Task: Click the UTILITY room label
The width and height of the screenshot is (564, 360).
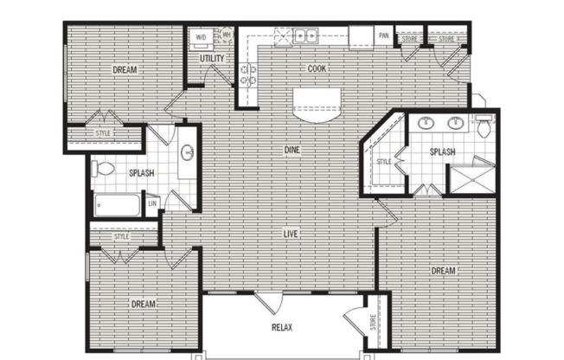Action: pos(212,58)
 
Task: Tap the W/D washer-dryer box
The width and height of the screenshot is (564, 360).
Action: pos(202,37)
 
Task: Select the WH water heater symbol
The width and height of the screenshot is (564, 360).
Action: pos(227,35)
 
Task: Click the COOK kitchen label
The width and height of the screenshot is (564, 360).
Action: pos(317,68)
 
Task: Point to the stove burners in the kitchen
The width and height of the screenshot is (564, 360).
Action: pos(247,75)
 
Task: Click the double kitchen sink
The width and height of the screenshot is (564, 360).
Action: pos(305,35)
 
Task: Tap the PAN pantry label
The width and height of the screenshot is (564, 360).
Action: pos(384,35)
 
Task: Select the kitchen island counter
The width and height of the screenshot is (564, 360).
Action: pos(317,105)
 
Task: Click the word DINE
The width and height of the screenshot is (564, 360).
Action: pos(292,150)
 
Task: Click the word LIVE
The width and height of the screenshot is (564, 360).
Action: pos(291,234)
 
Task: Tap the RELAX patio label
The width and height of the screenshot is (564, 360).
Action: pos(282,328)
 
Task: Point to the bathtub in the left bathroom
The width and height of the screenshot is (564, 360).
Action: pos(118,205)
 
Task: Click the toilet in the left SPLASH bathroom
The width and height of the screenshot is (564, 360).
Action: pos(103,169)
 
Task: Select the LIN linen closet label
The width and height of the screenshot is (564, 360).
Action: pos(152,203)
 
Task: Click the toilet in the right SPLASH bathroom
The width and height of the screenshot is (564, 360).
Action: pos(484,126)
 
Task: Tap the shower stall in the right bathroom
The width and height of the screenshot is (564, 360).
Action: pos(472,179)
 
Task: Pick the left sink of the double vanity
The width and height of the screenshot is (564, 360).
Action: pos(426,123)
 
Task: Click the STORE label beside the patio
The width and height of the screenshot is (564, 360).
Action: pos(373,323)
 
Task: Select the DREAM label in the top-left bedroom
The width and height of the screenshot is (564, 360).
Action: pos(125,69)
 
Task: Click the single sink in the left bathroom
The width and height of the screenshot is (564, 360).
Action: pos(188,152)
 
